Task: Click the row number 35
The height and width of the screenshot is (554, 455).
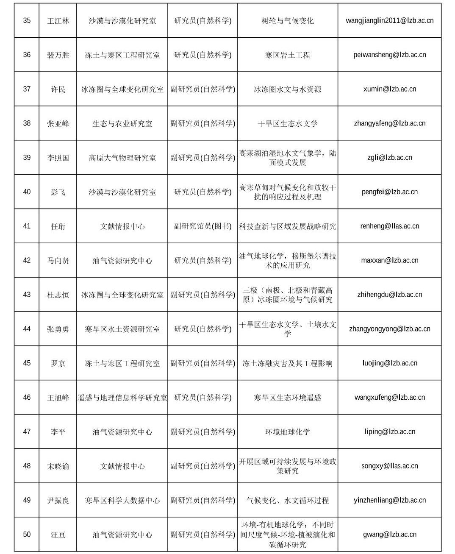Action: tap(27, 21)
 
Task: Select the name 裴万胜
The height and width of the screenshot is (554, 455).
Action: tap(58, 55)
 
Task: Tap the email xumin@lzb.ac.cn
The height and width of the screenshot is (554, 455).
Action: tap(389, 89)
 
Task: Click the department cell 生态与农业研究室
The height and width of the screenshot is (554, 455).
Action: tap(122, 124)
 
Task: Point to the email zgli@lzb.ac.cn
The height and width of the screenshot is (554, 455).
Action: tap(389, 158)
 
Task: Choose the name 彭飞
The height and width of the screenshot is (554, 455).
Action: tap(58, 192)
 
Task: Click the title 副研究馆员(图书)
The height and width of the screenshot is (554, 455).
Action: tap(203, 226)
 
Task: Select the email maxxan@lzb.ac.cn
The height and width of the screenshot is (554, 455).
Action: tap(389, 260)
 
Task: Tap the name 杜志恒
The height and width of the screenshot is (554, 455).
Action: tap(58, 295)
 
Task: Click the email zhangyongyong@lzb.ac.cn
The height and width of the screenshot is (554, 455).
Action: tap(389, 329)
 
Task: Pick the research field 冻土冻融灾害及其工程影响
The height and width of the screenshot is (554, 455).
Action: tap(287, 363)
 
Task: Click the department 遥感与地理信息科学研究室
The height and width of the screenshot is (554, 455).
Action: tap(122, 398)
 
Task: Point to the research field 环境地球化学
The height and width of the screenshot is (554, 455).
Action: tap(287, 432)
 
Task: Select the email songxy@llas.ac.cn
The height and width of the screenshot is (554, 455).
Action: tap(389, 466)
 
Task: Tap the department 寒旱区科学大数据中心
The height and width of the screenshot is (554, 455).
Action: tap(122, 501)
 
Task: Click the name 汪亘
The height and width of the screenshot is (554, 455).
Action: tap(58, 535)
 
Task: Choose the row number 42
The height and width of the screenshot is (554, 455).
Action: tap(27, 260)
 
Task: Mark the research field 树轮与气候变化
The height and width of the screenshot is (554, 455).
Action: tap(287, 21)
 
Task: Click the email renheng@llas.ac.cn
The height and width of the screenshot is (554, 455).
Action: tap(389, 226)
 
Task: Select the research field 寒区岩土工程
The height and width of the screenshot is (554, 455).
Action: tap(287, 55)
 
